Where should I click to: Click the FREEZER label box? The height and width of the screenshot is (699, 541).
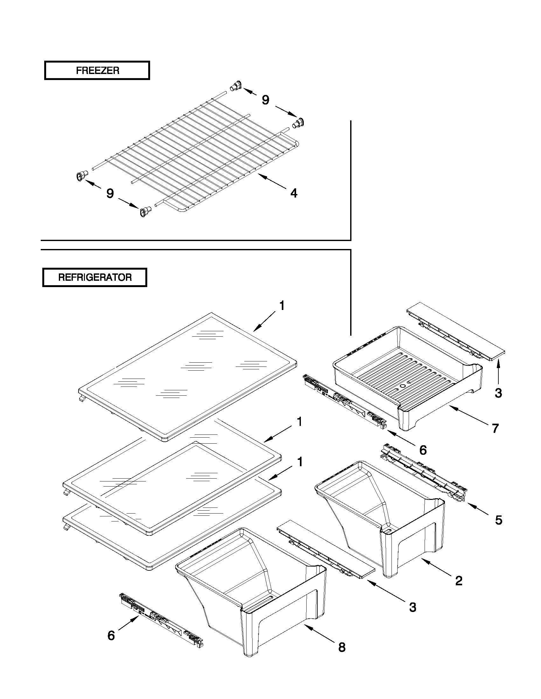coord(97,71)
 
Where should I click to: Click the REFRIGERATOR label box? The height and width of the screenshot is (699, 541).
coord(95,277)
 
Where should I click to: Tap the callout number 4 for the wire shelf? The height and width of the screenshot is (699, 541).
coord(294,193)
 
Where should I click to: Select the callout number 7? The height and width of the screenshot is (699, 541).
coord(496,428)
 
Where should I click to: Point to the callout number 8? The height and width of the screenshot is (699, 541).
coord(342,647)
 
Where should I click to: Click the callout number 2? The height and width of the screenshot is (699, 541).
coord(459,581)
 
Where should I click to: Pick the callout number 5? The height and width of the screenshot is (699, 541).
coord(499,520)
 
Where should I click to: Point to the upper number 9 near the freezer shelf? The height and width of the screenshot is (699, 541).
coord(265,100)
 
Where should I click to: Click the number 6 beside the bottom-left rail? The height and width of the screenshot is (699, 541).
coord(111,635)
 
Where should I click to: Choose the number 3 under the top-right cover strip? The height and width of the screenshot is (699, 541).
coord(498,393)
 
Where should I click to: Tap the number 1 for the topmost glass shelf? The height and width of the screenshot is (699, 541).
coord(282,306)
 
